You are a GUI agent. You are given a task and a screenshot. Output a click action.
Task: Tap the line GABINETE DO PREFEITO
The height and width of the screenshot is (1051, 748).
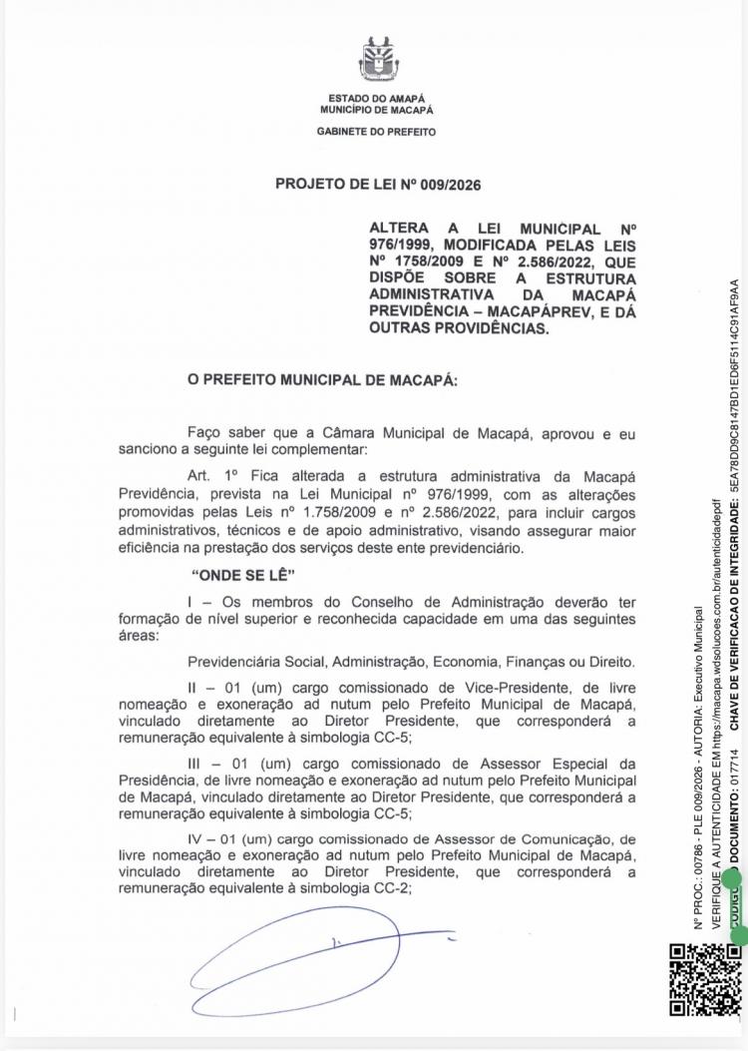pyautogui.click(x=376, y=131)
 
